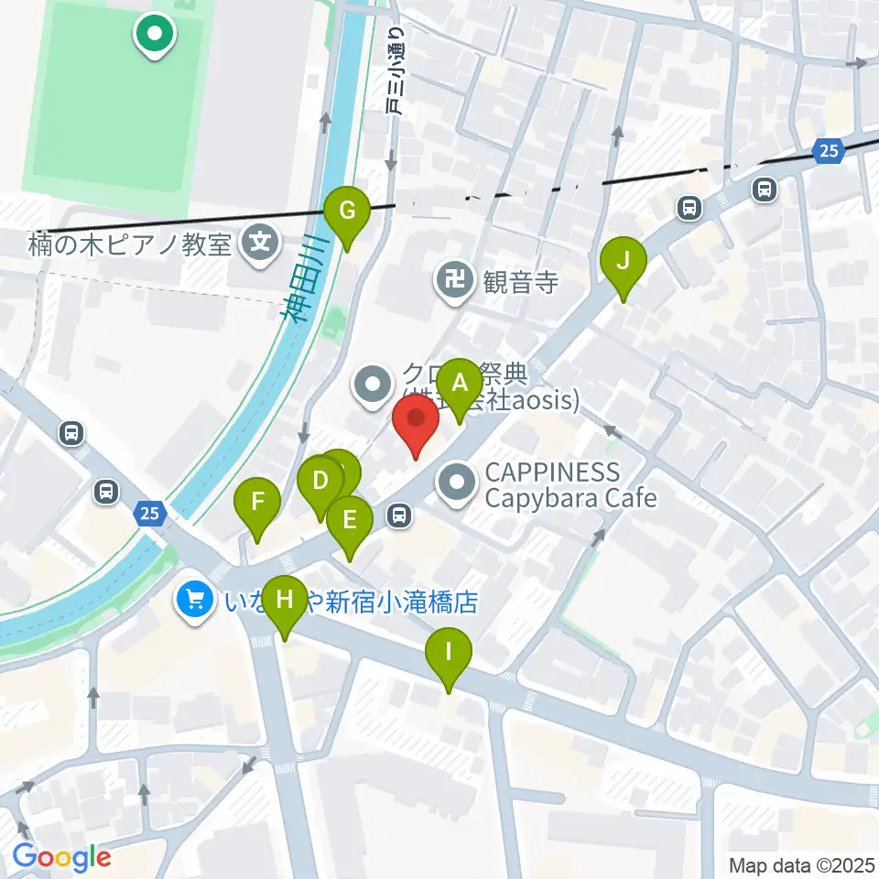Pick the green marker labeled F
pos(257,503)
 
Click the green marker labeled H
pos(285,602)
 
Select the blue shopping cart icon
pos(194,600)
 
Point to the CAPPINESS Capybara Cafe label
pos(570,485)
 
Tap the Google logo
pos(61,858)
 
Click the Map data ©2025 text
pos(801,865)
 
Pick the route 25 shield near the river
pos(150,514)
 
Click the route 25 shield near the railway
pos(828,152)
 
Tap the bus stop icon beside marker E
pos(398,516)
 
